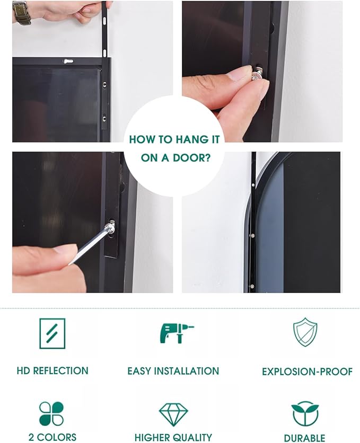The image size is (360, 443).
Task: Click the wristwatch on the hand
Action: tap(21, 13)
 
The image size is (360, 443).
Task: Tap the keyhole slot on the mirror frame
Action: tap(68, 61)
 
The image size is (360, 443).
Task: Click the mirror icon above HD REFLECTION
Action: tap(52, 333)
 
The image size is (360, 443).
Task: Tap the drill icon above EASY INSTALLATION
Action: tap(177, 333)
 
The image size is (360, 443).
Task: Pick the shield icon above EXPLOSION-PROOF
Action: tap(305, 332)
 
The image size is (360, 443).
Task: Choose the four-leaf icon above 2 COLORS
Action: tap(51, 414)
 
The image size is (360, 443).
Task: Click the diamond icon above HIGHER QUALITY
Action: tap(173, 414)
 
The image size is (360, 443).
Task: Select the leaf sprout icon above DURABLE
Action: tap(305, 413)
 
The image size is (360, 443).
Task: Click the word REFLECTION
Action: tap(61, 371)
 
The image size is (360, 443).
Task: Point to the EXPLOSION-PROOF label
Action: tap(307, 371)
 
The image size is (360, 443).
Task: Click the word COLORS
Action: tap(57, 437)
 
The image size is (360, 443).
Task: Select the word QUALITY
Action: tap(192, 437)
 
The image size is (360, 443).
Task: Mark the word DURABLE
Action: tap(305, 438)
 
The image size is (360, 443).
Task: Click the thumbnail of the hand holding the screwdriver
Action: tap(92, 223)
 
